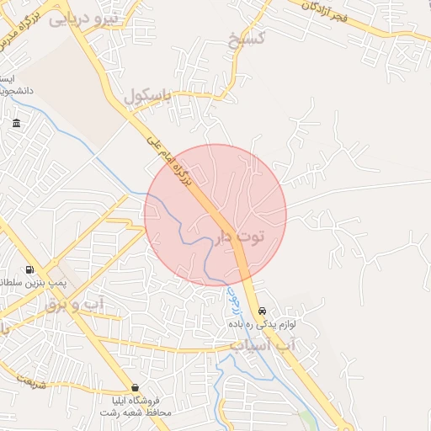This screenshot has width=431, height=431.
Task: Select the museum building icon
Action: tap(17, 125)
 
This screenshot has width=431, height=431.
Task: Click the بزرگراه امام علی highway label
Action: tap(176, 164)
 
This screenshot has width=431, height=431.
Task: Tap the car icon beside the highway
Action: tap(263, 311)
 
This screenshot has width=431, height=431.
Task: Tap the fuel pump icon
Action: tap(30, 271)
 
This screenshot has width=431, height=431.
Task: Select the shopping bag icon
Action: tap(136, 387)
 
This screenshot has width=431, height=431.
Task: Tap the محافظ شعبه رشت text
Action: tap(136, 413)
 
